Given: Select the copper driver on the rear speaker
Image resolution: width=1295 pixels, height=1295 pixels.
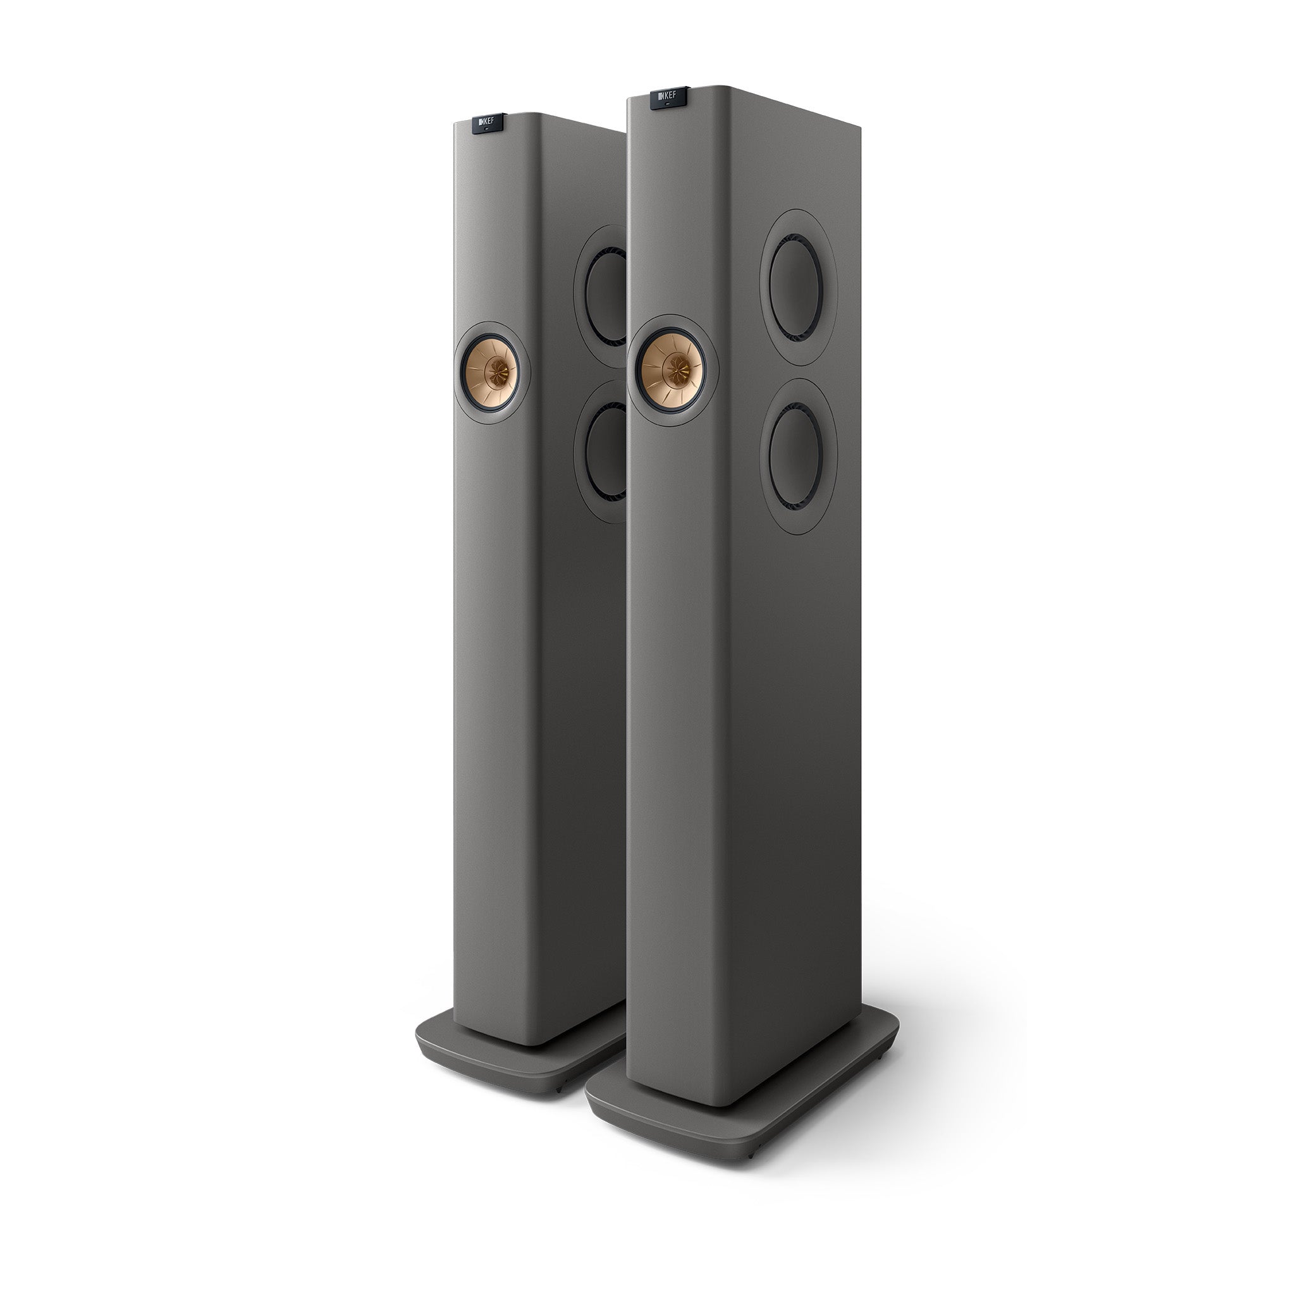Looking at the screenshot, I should point(493,371).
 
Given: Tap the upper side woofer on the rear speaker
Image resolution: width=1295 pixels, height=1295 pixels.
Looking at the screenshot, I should point(606,295).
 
